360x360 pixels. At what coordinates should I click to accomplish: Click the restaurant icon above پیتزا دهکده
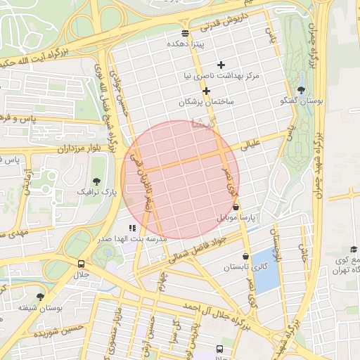(185, 33)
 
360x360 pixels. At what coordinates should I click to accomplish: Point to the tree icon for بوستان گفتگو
(302, 89)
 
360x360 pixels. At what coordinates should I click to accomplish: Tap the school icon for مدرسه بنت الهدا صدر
(131, 228)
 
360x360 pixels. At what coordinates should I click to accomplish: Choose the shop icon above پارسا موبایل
(235, 207)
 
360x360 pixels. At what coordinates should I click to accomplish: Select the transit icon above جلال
(82, 264)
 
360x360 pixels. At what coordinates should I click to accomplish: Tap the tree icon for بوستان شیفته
(40, 297)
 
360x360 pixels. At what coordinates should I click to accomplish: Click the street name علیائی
(251, 147)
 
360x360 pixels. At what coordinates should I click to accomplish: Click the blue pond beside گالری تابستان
(266, 271)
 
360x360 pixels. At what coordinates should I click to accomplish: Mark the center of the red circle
(181, 179)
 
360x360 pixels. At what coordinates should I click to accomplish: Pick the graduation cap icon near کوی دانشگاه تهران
(353, 250)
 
